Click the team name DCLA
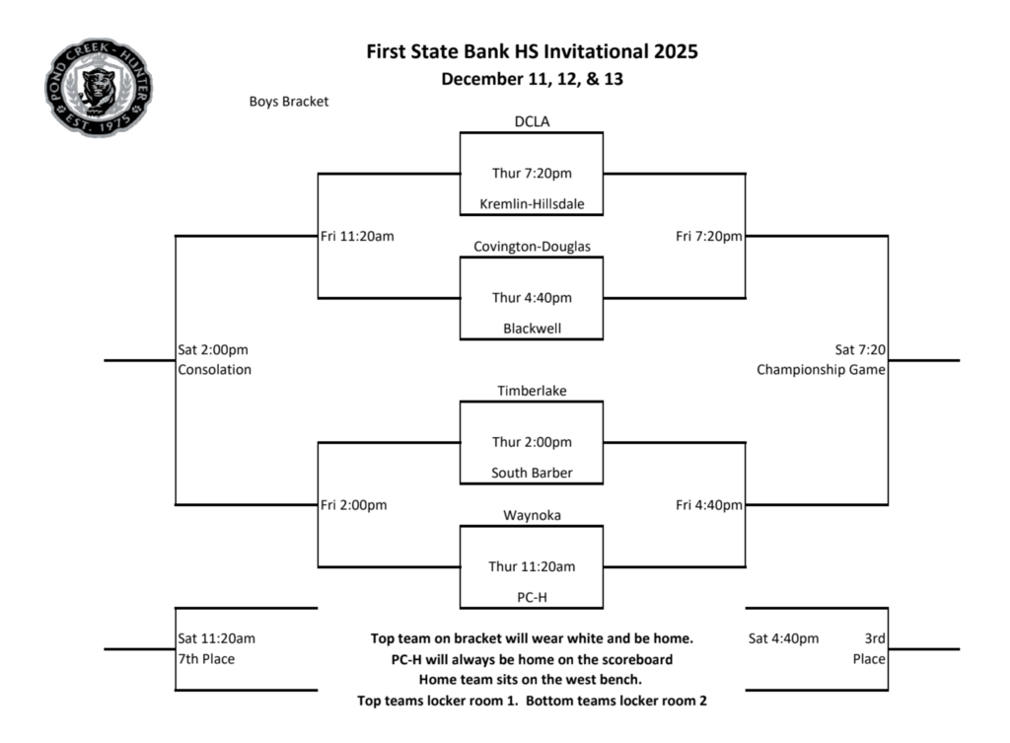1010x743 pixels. pos(532,121)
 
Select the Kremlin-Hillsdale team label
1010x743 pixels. pos(532,204)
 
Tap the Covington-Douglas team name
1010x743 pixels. pos(532,247)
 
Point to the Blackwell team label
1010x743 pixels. pos(532,329)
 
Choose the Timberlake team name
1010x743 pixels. pos(532,391)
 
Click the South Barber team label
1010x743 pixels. pos(532,473)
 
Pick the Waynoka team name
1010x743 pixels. pos(532,515)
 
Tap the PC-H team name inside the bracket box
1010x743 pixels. pos(532,597)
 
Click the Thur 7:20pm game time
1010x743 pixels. pos(532,174)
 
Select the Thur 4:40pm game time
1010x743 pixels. pos(532,298)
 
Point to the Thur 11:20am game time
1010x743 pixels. pos(532,566)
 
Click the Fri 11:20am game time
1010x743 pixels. pos(357,236)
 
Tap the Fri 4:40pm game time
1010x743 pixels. pos(708,505)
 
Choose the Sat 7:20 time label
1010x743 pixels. pos(860,349)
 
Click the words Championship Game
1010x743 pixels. pos(821,370)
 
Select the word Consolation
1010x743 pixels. pos(215,370)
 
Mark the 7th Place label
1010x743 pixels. pos(206,659)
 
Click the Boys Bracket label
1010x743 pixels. pos(289,101)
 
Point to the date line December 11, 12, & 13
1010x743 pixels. pos(532,79)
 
